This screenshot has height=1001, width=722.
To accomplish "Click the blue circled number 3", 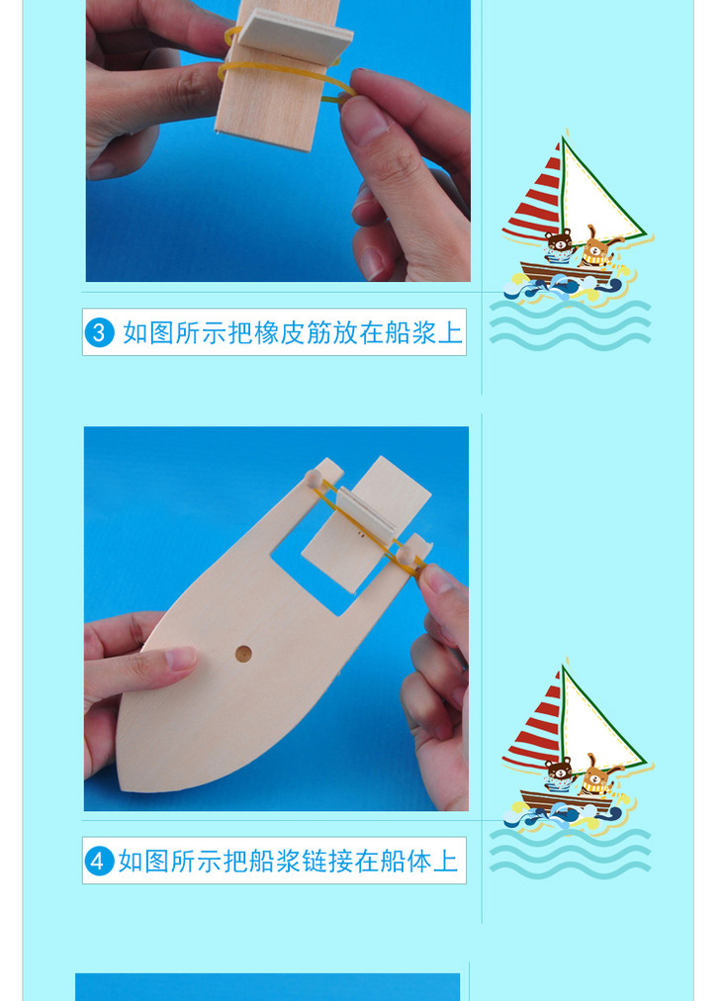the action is (99, 332).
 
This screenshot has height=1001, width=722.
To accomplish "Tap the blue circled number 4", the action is (98, 862).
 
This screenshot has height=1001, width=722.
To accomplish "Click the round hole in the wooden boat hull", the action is (243, 654).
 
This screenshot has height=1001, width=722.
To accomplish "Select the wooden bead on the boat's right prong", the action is (406, 554).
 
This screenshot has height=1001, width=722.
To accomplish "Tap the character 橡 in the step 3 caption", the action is (266, 332).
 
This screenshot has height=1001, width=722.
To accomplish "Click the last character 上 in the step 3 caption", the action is (449, 332).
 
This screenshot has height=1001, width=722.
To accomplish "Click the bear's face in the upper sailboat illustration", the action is (560, 242).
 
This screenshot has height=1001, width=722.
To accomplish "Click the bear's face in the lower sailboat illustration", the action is (560, 770).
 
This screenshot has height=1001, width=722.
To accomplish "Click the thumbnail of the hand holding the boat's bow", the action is (181, 658).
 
